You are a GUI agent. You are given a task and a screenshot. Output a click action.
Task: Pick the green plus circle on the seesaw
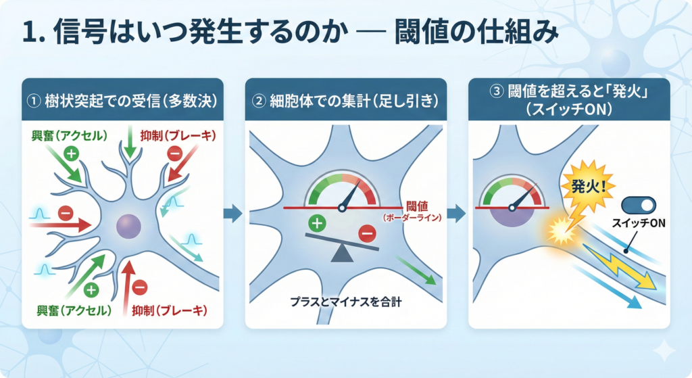pyautogui.click(x=317, y=222)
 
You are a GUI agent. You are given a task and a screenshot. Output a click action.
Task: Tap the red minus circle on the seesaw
pyautogui.click(x=367, y=234)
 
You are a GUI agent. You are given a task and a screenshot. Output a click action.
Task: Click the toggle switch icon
pyautogui.click(x=637, y=205)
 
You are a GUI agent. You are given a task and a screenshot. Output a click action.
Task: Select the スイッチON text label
pyautogui.click(x=636, y=223)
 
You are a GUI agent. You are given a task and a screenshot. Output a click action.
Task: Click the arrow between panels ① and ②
pyautogui.click(x=232, y=214)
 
